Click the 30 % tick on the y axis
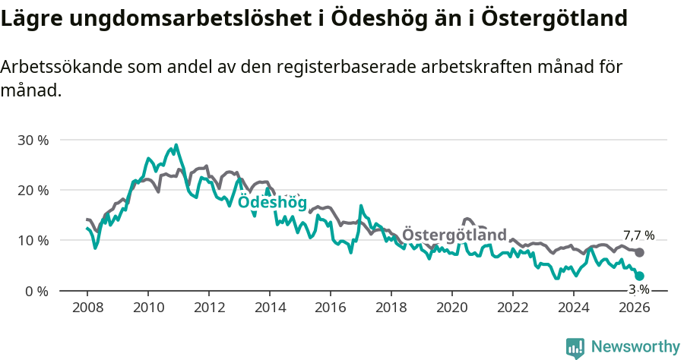[x=32, y=140]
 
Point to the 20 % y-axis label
[x=32, y=190]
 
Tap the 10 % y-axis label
[x=32, y=241]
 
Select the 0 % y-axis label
[x=35, y=291]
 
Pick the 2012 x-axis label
[x=209, y=308]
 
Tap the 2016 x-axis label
[x=331, y=308]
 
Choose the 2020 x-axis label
[x=452, y=308]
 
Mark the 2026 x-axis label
[x=635, y=308]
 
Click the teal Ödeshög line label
[x=272, y=203]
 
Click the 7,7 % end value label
[x=638, y=235]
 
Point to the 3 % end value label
[x=638, y=289]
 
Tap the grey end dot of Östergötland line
[x=639, y=252]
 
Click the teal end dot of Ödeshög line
[x=639, y=276]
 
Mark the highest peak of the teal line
[x=176, y=145]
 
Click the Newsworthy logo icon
[x=575, y=348]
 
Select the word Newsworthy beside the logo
[x=635, y=347]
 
